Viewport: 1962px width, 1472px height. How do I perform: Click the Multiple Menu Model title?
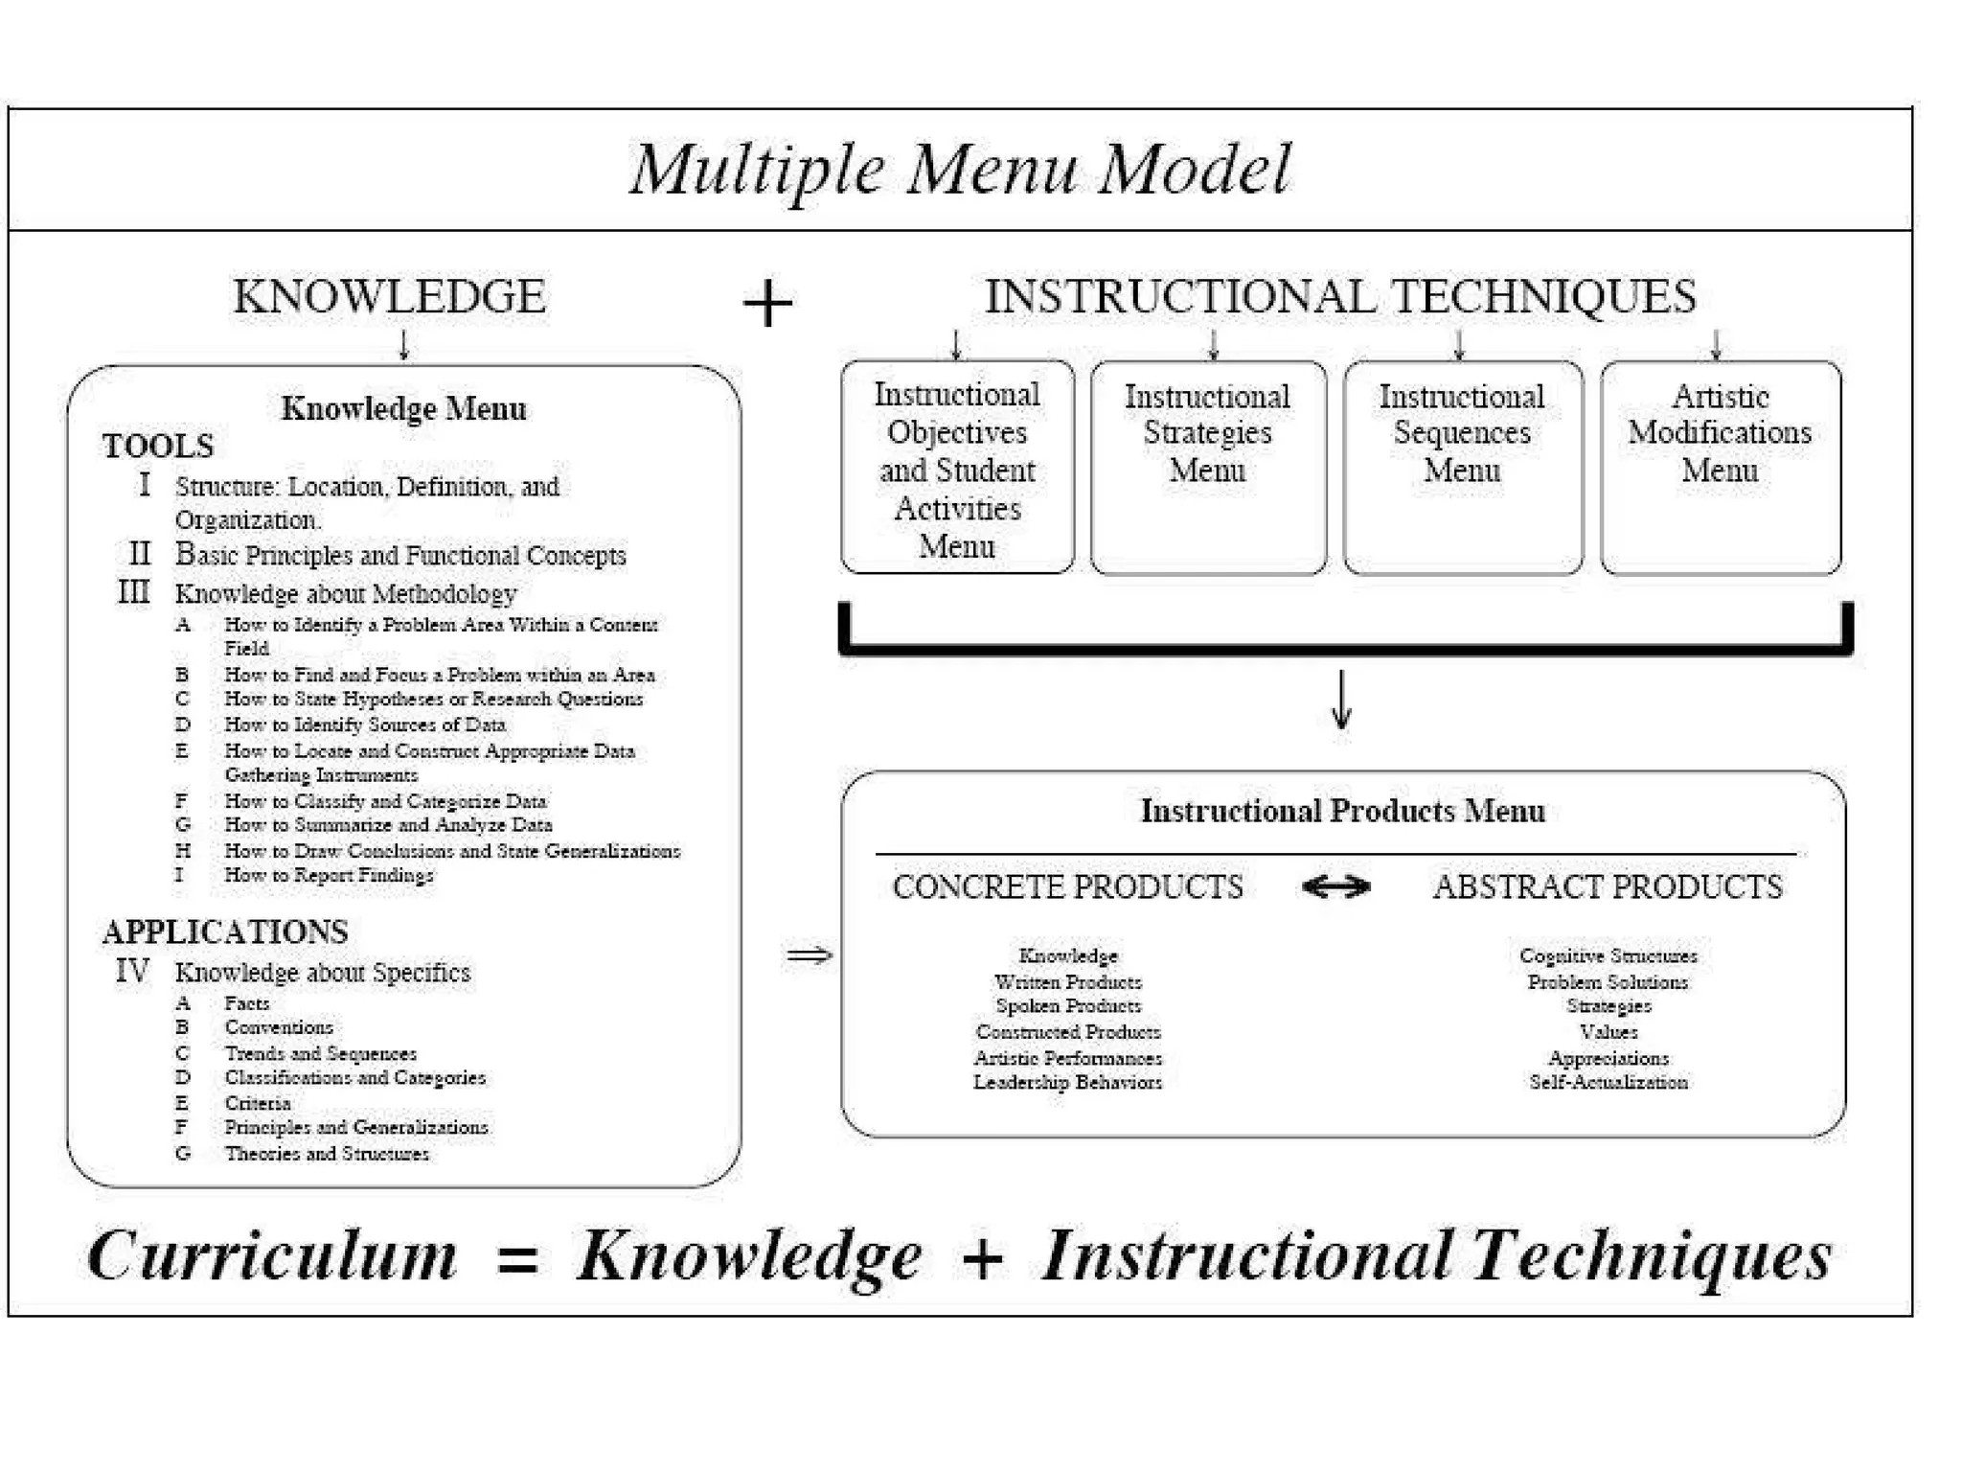pos(960,170)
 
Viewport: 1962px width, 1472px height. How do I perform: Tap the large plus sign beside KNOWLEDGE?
pos(767,304)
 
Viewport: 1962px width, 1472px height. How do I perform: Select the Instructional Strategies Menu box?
pos(1207,467)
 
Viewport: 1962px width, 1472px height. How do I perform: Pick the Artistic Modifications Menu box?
pos(1720,467)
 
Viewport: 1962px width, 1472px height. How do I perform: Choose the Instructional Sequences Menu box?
pos(1462,467)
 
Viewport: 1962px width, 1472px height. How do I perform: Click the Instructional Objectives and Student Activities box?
pos(957,469)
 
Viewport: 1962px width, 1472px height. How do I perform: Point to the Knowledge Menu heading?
pos(403,409)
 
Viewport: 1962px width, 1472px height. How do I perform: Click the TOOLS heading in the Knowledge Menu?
pos(158,447)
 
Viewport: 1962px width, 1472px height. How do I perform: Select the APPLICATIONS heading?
pos(225,931)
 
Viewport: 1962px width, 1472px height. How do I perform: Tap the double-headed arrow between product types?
pos(1336,887)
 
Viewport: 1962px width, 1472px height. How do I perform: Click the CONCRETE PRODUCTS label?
pos(1067,887)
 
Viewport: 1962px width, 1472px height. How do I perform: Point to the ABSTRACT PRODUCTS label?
pos(1608,887)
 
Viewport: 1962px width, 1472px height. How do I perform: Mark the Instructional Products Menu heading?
pos(1342,812)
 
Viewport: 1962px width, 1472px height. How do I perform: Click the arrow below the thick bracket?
pos(1341,700)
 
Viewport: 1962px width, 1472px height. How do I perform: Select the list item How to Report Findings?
pos(329,875)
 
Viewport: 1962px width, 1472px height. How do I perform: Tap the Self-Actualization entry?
pos(1608,1083)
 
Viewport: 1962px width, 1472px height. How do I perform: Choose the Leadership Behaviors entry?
pos(1067,1083)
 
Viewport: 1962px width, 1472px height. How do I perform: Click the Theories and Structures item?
pos(327,1154)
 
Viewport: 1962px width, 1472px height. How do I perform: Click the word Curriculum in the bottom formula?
pos(272,1256)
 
